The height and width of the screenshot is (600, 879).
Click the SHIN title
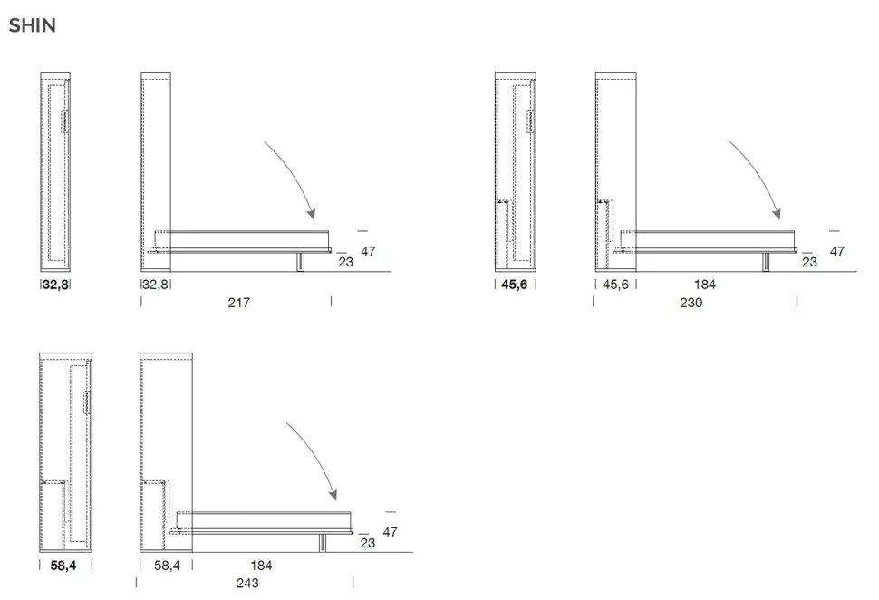click(x=32, y=25)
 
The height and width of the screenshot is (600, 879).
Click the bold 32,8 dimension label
click(x=55, y=285)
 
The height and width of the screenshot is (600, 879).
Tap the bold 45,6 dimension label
click(x=514, y=285)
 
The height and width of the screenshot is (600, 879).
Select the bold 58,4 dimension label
click(x=63, y=566)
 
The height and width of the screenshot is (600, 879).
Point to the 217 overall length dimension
click(x=239, y=302)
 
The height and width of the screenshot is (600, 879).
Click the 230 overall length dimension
click(x=691, y=302)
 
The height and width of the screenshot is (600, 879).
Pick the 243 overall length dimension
click(x=247, y=583)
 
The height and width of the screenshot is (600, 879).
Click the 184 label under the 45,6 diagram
click(x=705, y=285)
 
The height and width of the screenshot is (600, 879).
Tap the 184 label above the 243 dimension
click(x=261, y=566)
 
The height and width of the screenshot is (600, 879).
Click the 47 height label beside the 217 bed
click(x=368, y=251)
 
